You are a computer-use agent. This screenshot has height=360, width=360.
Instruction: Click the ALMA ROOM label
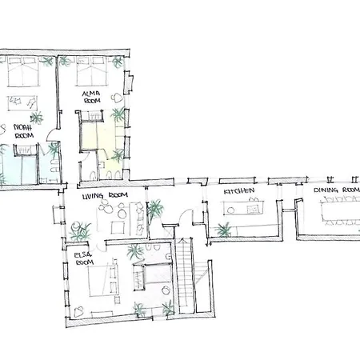pos(91,97)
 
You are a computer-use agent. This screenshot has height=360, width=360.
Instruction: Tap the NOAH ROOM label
pos(23,131)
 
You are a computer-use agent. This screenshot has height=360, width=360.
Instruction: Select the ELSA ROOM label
pos(83,258)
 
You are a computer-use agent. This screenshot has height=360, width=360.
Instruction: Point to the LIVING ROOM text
pos(105,196)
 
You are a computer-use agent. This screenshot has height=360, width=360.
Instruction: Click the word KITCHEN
pos(239,191)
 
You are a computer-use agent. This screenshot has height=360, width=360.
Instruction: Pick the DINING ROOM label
pos(336,190)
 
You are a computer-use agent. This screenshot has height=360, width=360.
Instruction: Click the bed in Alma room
pos(91,71)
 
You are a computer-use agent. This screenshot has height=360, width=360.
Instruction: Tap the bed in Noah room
pos(23,71)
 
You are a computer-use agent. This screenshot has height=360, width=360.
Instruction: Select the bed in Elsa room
pos(103,281)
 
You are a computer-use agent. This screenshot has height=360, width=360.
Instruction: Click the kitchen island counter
pos(243,208)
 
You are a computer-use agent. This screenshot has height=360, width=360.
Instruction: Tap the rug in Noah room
pos(22,103)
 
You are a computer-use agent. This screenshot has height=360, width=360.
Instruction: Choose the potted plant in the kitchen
pos(223,230)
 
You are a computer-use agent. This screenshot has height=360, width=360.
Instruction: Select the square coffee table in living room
pos(118,228)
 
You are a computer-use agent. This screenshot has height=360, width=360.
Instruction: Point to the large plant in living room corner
pos(80,231)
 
